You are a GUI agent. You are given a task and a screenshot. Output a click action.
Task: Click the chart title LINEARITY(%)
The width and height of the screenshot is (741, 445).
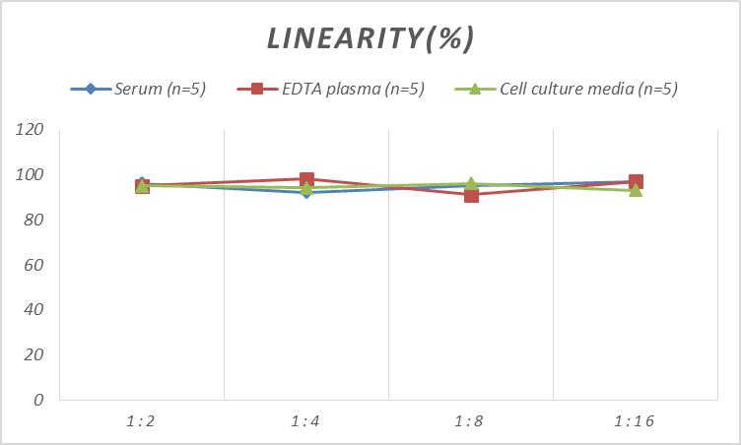pyautogui.click(x=370, y=37)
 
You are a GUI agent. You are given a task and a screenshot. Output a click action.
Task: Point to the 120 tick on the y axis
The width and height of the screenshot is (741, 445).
pyautogui.click(x=31, y=130)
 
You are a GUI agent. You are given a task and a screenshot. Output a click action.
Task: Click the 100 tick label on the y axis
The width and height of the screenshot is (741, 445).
pyautogui.click(x=31, y=175)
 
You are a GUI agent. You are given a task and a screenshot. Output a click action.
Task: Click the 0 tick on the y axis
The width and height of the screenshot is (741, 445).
pyautogui.click(x=38, y=400)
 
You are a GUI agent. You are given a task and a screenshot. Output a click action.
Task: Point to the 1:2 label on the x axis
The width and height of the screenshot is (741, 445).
pyautogui.click(x=142, y=421)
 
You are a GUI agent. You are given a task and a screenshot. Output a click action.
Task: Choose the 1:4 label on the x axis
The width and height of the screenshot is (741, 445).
pyautogui.click(x=306, y=421)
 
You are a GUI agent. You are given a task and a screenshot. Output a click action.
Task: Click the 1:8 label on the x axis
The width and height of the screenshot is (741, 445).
pyautogui.click(x=471, y=421)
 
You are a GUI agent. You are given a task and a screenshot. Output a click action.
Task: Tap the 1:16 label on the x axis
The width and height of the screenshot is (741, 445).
pyautogui.click(x=636, y=421)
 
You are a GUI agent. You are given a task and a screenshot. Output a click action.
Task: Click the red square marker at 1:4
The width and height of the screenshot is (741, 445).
pyautogui.click(x=306, y=180)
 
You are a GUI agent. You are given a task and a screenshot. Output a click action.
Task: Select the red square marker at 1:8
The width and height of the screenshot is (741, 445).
pyautogui.click(x=471, y=195)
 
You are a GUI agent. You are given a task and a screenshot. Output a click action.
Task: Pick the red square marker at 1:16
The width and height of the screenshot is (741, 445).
pyautogui.click(x=637, y=182)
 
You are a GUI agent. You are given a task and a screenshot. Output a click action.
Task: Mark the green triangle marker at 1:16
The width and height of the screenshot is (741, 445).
pyautogui.click(x=636, y=190)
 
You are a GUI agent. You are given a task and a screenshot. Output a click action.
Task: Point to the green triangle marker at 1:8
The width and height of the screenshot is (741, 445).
pyautogui.click(x=471, y=184)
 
